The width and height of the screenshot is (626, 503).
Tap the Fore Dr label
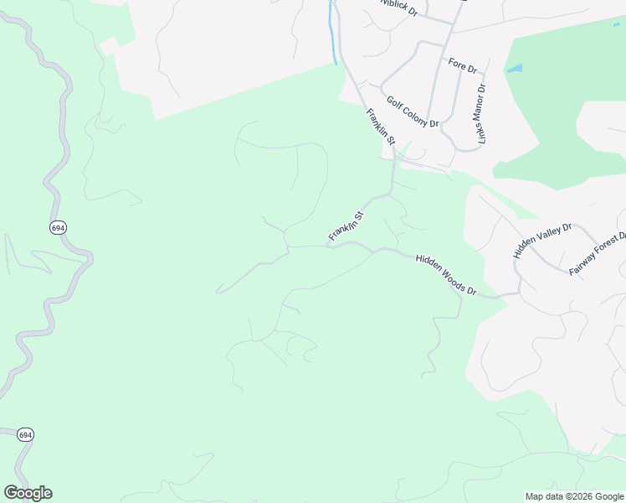[462, 65]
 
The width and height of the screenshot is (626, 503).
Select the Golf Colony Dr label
[413, 111]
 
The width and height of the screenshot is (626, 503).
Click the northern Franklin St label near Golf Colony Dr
[378, 127]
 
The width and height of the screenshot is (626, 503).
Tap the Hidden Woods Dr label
[446, 276]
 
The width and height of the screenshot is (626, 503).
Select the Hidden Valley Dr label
[542, 240]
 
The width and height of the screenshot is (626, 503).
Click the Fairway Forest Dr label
[598, 254]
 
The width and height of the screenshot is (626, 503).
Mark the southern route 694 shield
[25, 434]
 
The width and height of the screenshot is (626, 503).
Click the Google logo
[28, 493]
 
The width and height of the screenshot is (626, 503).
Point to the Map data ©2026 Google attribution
[575, 496]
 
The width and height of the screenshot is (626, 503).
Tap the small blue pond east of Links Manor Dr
[514, 68]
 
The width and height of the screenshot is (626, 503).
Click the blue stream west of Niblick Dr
[334, 34]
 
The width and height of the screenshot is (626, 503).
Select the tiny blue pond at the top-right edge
[617, 23]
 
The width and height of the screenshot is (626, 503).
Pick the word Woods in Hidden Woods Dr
[449, 277]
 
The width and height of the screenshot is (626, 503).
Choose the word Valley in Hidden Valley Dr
[545, 238]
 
